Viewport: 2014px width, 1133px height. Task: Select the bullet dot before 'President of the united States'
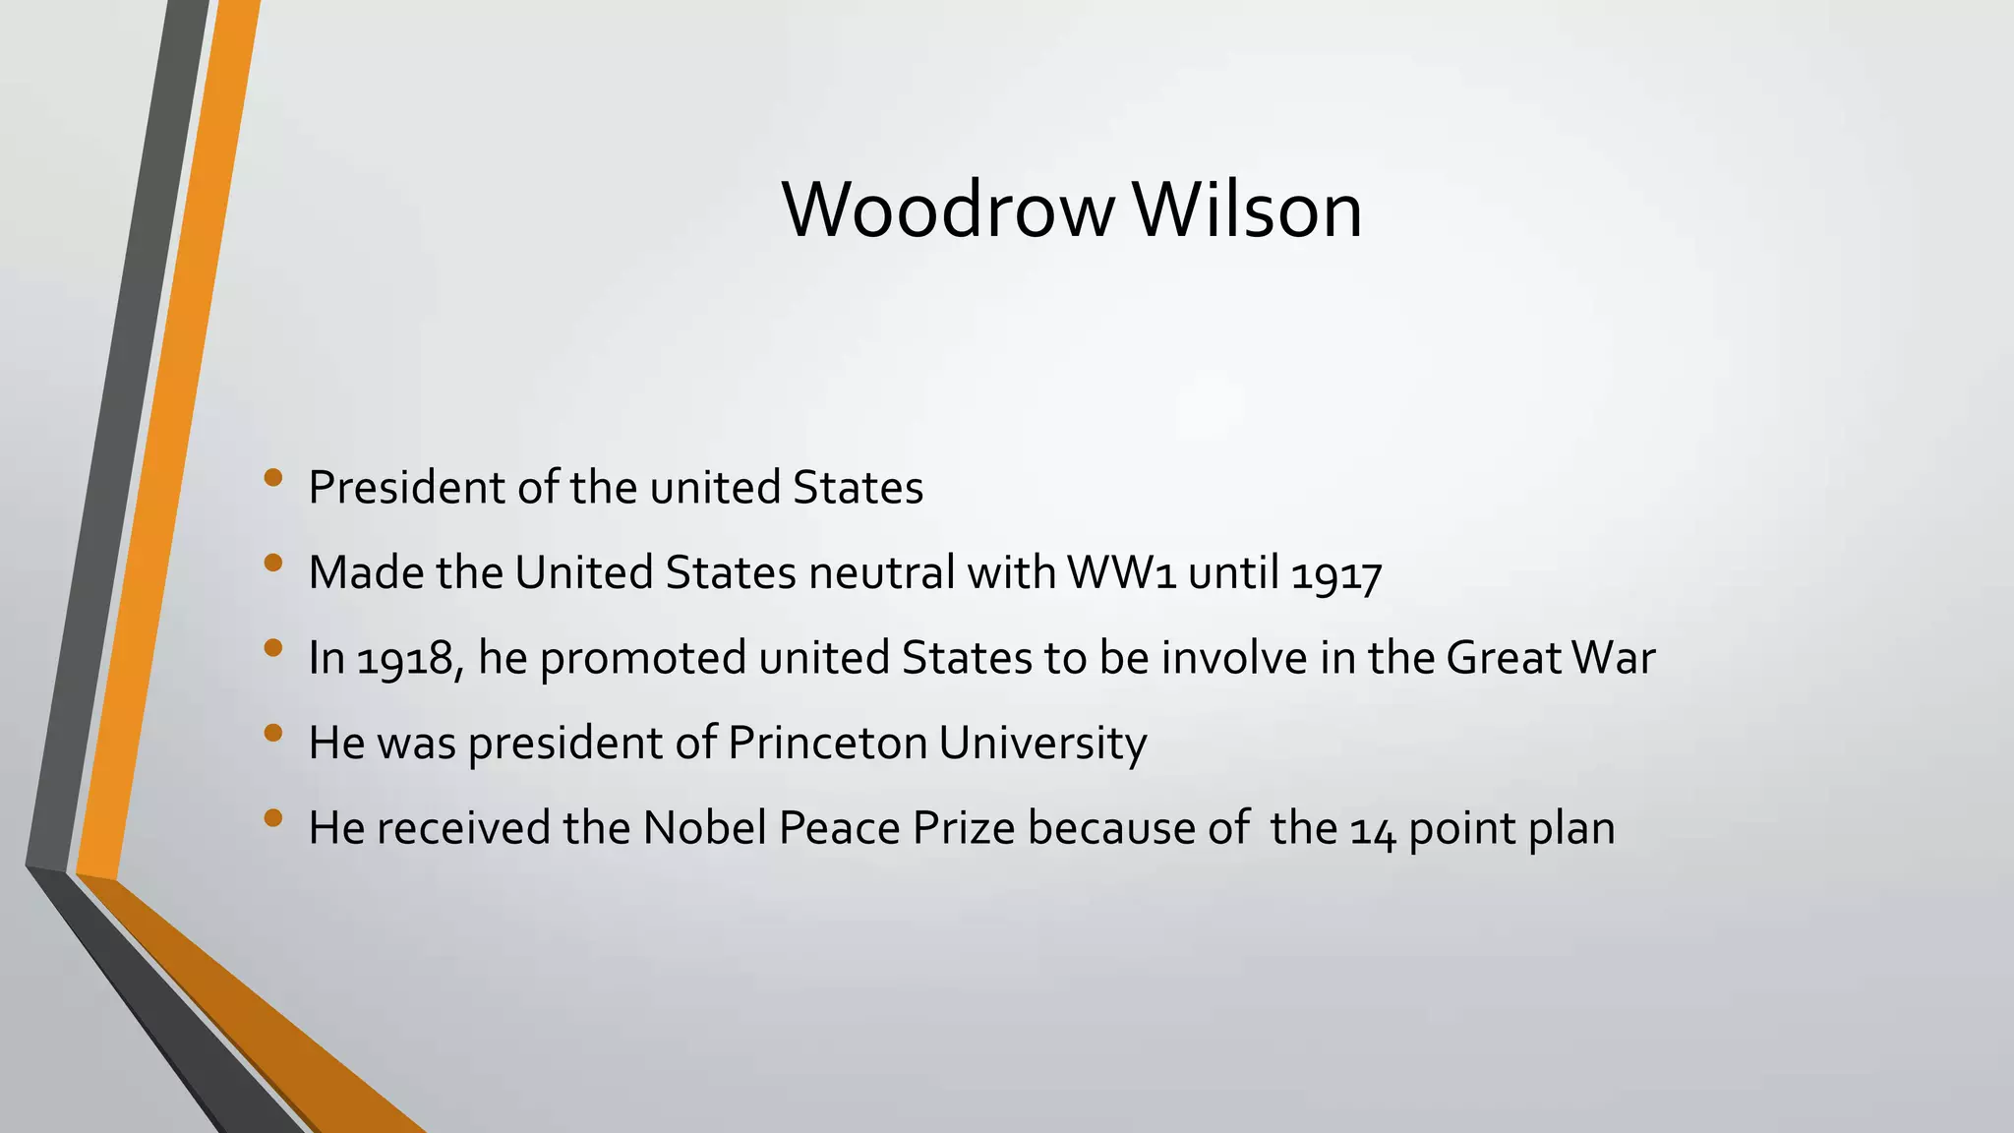pyautogui.click(x=273, y=479)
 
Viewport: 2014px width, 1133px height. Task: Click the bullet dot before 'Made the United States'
pyautogui.click(x=273, y=564)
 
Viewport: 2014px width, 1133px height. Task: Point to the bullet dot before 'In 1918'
pyautogui.click(x=273, y=648)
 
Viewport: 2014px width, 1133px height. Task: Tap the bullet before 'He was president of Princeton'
pyautogui.click(x=273, y=733)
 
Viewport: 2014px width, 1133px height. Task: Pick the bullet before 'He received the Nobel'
pyautogui.click(x=273, y=818)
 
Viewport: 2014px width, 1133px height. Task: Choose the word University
pyautogui.click(x=1042, y=743)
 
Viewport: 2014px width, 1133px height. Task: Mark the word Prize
pyautogui.click(x=963, y=828)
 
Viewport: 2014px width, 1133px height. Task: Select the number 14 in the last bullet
pyautogui.click(x=1373, y=829)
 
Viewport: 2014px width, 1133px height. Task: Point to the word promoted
pyautogui.click(x=643, y=658)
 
